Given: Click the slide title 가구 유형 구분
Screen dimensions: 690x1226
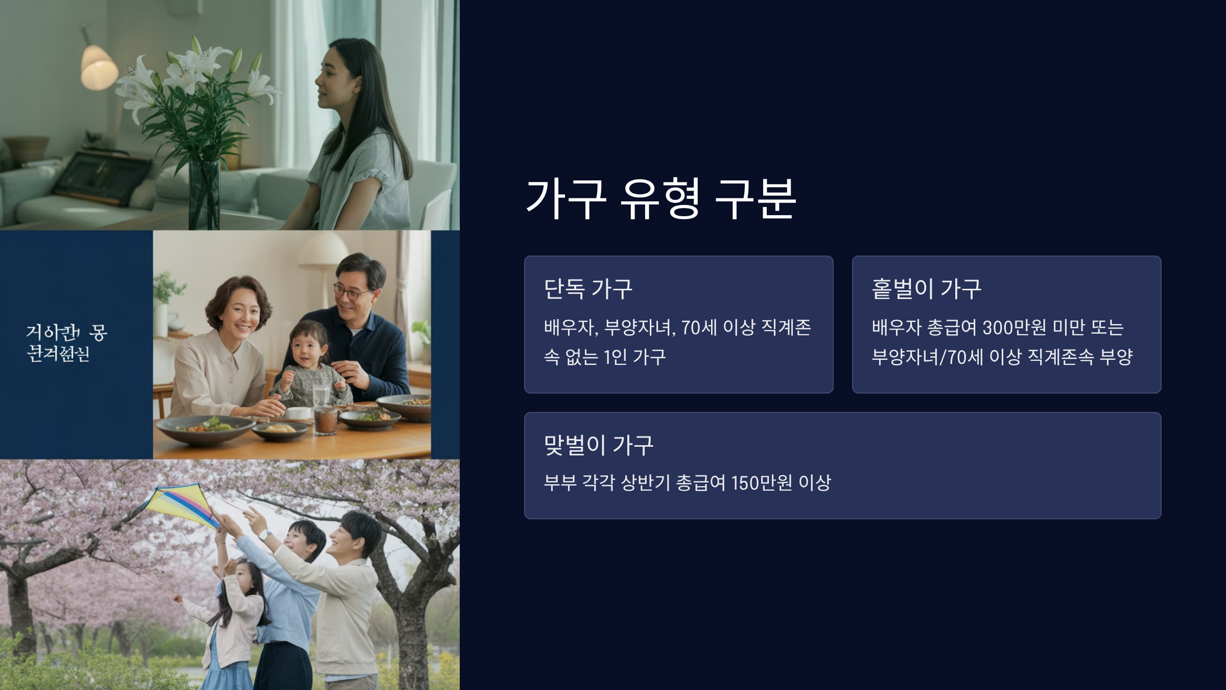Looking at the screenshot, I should [661, 199].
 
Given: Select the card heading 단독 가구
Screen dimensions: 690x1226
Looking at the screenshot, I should [588, 289].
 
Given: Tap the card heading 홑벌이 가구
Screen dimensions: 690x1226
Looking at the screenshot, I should [926, 289].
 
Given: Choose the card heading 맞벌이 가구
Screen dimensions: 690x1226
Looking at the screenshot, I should [598, 445].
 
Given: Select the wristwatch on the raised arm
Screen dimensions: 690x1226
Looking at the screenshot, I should [264, 535].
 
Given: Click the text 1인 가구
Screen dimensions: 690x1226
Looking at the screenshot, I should [634, 357].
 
